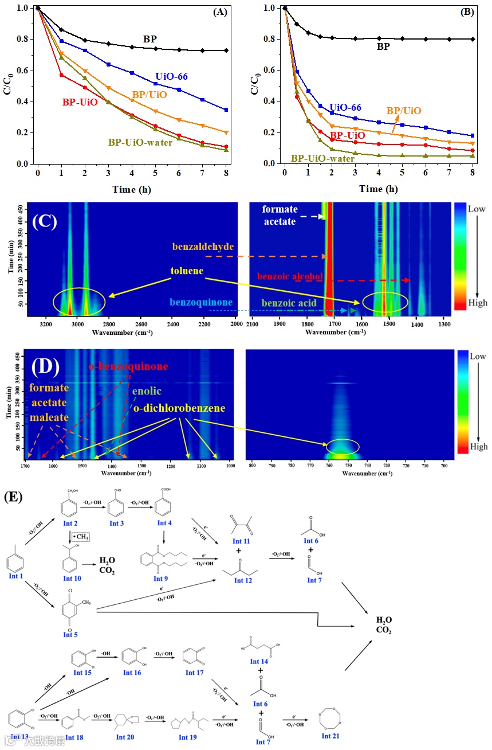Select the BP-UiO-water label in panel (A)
coord(140,142)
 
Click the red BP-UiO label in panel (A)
coord(80,102)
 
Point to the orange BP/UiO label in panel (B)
coord(404,111)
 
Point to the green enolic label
coord(143,392)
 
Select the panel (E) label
coord(13,497)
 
